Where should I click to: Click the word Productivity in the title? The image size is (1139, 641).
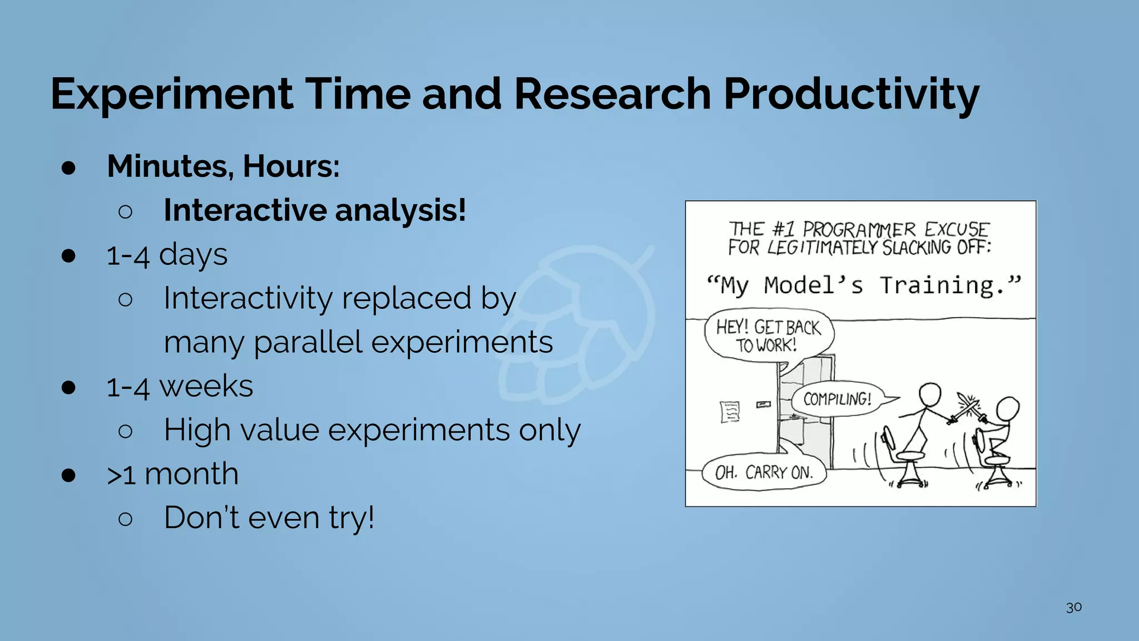click(x=851, y=95)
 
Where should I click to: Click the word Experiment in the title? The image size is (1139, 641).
click(x=171, y=95)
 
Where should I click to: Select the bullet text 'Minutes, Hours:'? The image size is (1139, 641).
click(x=223, y=166)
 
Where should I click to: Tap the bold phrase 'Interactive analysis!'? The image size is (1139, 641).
click(x=315, y=210)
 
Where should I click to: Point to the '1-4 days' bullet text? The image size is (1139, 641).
click(x=167, y=255)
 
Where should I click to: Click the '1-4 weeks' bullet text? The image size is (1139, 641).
click(x=179, y=386)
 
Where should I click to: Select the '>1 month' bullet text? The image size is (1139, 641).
click(x=172, y=474)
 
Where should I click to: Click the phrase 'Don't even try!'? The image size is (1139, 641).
click(x=269, y=517)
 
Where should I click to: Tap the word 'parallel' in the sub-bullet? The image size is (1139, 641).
click(x=308, y=342)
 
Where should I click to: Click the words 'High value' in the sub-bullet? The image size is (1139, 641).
click(x=241, y=430)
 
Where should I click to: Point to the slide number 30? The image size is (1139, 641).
click(x=1073, y=607)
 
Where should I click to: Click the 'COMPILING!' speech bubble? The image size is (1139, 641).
click(x=837, y=399)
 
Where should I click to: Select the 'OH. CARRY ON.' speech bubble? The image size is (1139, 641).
click(x=764, y=473)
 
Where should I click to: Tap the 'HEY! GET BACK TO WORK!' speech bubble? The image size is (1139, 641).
click(x=768, y=336)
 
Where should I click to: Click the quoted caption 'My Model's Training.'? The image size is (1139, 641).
click(x=863, y=285)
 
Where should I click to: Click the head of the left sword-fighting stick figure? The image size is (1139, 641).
click(x=929, y=395)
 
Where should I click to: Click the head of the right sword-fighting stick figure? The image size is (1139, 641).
click(x=1007, y=409)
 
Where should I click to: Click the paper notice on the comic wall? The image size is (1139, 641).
click(x=729, y=412)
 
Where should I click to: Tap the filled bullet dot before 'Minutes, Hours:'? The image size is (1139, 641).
click(x=69, y=167)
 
